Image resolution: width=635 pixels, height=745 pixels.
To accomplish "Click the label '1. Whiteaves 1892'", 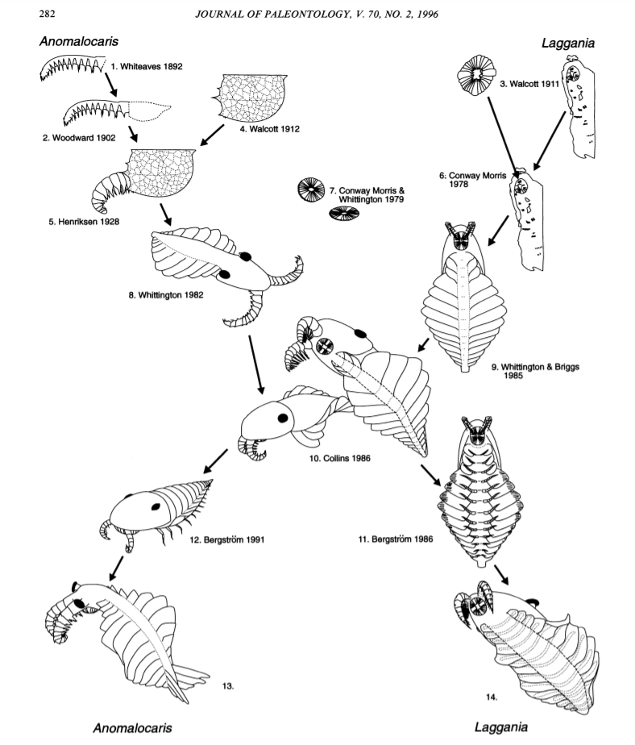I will [147, 66].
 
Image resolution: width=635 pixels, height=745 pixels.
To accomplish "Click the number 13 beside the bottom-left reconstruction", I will [227, 685].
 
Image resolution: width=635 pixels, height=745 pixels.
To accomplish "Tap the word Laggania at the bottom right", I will [504, 726].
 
